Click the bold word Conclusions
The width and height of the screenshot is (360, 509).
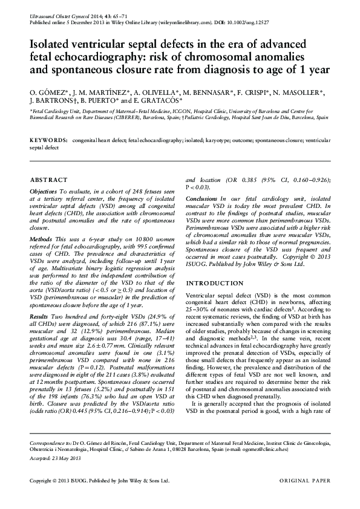pyautogui.click(x=201, y=199)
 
